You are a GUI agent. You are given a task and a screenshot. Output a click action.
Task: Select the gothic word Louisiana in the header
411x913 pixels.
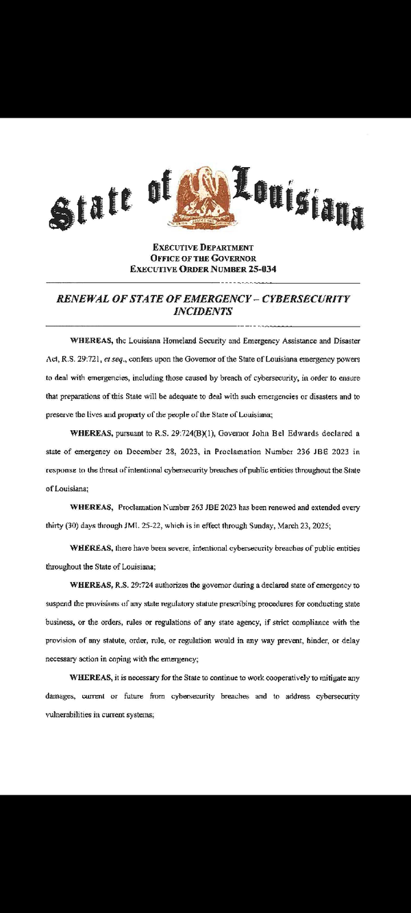(299, 196)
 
